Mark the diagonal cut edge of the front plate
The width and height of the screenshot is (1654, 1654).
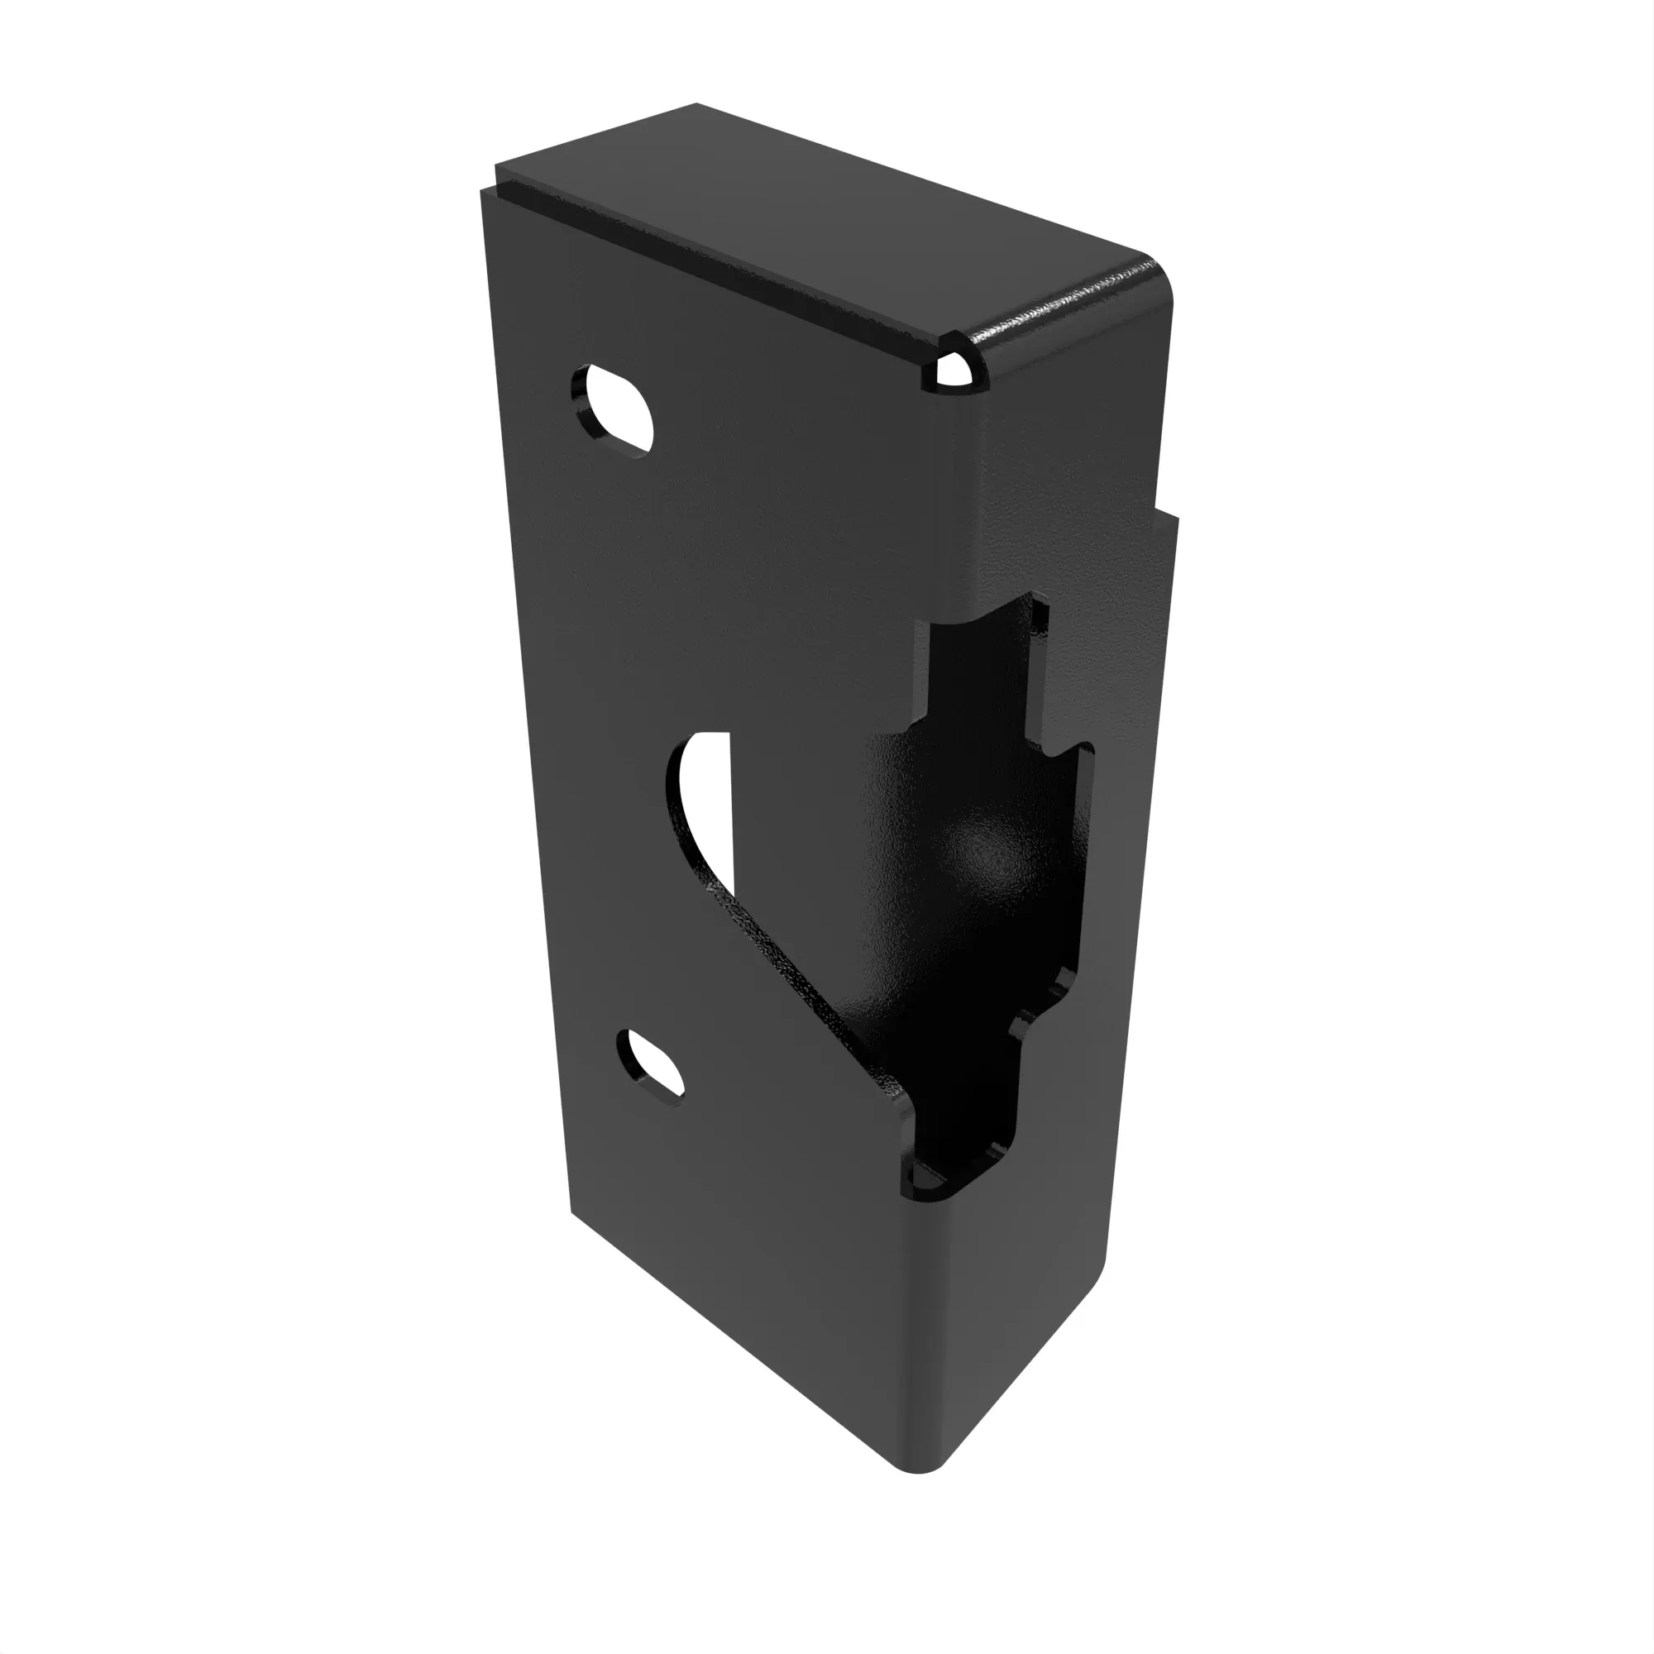point(796,984)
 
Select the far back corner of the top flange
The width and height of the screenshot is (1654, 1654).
point(696,106)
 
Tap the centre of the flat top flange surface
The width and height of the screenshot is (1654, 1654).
point(822,227)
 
